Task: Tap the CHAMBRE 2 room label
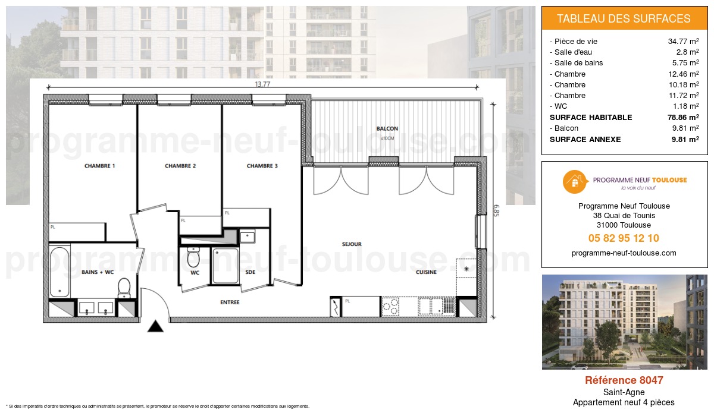click(180, 166)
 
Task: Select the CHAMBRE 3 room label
click(262, 166)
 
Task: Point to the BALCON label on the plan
click(387, 128)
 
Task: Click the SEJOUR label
click(352, 244)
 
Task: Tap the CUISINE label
click(426, 272)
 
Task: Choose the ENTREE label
click(230, 302)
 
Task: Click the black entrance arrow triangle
click(155, 326)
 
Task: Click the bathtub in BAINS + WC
click(59, 272)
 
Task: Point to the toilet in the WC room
click(193, 258)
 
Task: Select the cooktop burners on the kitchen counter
click(390, 307)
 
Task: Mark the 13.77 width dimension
click(262, 84)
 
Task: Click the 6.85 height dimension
click(495, 211)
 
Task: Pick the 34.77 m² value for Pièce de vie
click(683, 42)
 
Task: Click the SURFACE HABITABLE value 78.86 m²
click(683, 118)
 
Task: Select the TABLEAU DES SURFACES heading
click(624, 18)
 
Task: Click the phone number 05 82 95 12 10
click(624, 238)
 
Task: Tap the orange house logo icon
click(575, 182)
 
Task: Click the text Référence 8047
click(624, 380)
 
